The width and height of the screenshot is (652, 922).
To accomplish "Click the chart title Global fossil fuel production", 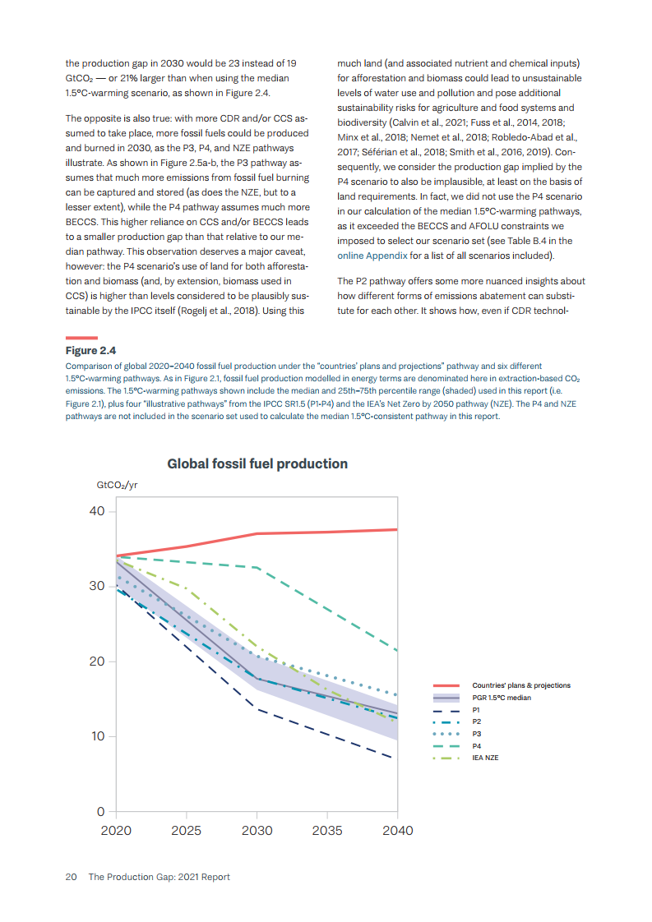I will (x=257, y=464).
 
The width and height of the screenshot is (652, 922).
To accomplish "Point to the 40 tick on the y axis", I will (x=97, y=512).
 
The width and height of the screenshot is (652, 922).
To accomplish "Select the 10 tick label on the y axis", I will (x=97, y=736).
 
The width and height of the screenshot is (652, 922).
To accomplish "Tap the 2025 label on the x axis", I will (x=187, y=831).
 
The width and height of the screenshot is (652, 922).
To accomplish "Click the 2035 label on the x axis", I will (x=327, y=831).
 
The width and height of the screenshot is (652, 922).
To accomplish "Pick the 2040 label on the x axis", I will (x=398, y=831).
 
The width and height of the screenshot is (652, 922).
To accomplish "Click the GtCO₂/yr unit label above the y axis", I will (x=117, y=486).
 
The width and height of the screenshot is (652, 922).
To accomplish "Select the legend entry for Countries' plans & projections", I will (x=520, y=685).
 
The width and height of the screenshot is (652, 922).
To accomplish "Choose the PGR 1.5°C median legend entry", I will (x=501, y=698).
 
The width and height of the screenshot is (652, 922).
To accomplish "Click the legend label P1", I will (x=477, y=710).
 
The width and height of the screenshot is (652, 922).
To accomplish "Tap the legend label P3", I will (x=477, y=734).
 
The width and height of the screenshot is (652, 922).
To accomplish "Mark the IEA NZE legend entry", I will (x=485, y=758).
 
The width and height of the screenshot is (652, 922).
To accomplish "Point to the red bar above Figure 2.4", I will (x=82, y=337).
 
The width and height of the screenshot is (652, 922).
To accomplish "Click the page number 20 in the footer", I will (x=72, y=877).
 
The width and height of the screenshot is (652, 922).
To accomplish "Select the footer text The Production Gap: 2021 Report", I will (x=159, y=877).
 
